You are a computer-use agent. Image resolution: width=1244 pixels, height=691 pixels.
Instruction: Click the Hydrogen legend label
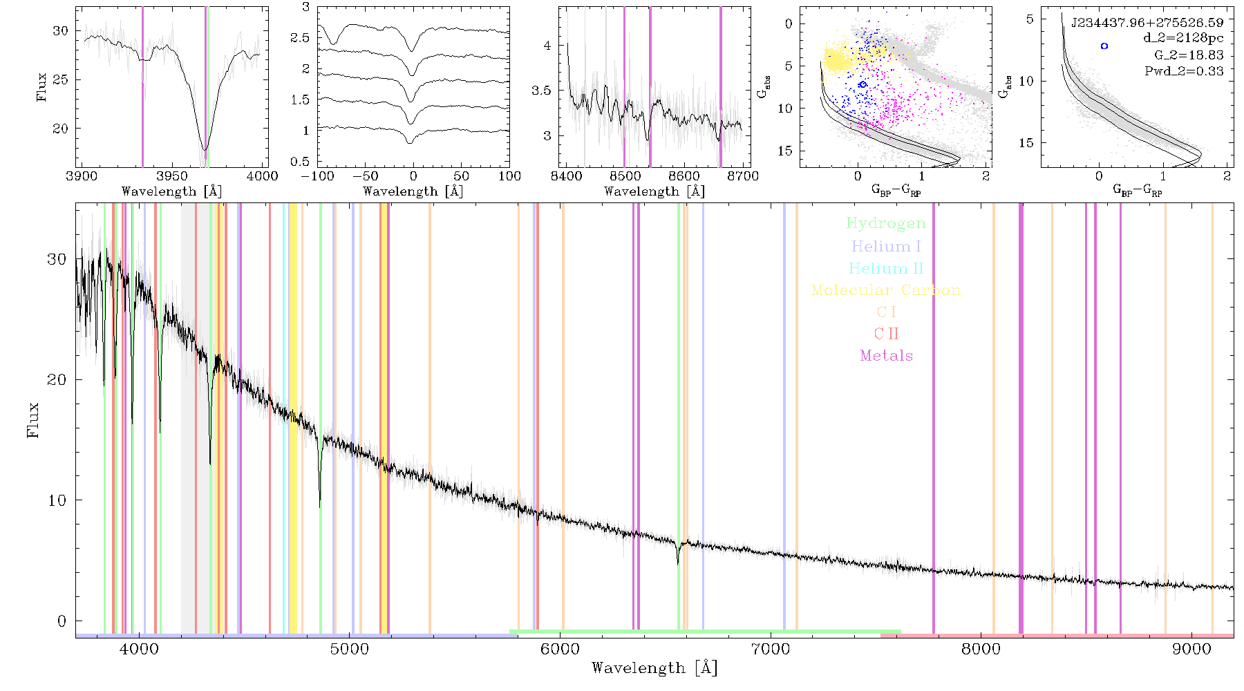click(885, 223)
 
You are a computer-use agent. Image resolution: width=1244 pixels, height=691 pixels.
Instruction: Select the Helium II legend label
click(885, 268)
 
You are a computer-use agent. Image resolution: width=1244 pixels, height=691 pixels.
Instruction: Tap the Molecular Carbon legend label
click(886, 290)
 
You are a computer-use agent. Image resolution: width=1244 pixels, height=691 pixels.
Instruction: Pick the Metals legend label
click(886, 356)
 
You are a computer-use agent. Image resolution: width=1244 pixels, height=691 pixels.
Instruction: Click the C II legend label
click(886, 334)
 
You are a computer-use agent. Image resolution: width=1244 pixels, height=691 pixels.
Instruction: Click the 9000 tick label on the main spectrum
click(1191, 650)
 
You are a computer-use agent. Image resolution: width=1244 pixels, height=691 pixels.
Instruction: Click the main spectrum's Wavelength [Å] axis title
click(654, 668)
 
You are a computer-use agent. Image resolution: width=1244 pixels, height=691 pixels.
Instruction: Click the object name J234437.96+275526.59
click(1147, 23)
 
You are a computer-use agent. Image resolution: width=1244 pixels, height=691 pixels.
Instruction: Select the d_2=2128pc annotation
click(1183, 39)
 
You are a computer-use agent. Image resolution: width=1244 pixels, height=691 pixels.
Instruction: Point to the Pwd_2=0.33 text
click(1184, 70)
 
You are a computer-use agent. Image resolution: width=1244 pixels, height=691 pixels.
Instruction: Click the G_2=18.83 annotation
click(1189, 55)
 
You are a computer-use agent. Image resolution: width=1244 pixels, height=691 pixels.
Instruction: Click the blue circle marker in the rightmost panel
click(1104, 46)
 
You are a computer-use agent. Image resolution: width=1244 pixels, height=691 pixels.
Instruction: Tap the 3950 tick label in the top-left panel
click(172, 176)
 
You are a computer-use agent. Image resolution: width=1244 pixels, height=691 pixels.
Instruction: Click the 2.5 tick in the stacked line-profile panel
click(300, 37)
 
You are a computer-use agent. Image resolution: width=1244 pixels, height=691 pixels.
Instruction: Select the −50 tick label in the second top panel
click(366, 176)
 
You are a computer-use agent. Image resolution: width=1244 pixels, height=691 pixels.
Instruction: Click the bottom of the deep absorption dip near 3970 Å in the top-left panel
click(205, 149)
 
